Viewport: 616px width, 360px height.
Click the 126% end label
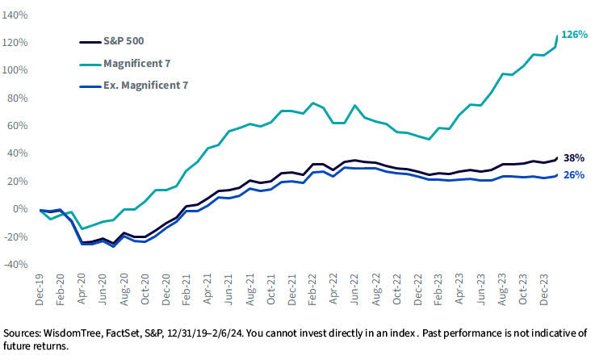(574, 35)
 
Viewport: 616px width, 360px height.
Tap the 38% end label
(574, 158)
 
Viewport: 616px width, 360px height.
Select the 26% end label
(574, 174)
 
